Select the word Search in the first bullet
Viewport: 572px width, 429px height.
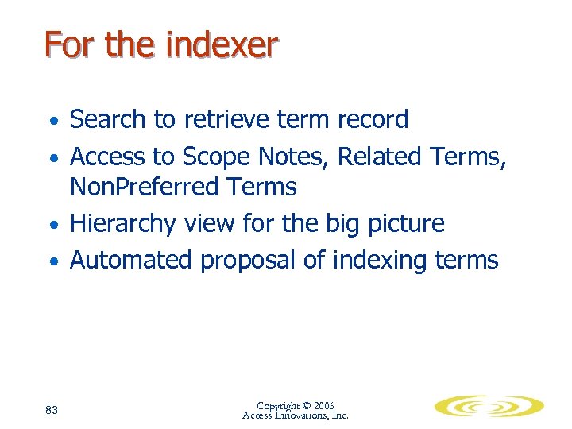[109, 120]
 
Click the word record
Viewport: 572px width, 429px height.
[370, 120]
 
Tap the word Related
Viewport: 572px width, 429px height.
[378, 157]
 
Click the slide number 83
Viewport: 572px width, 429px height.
[52, 410]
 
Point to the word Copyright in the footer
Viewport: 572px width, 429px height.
[278, 406]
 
